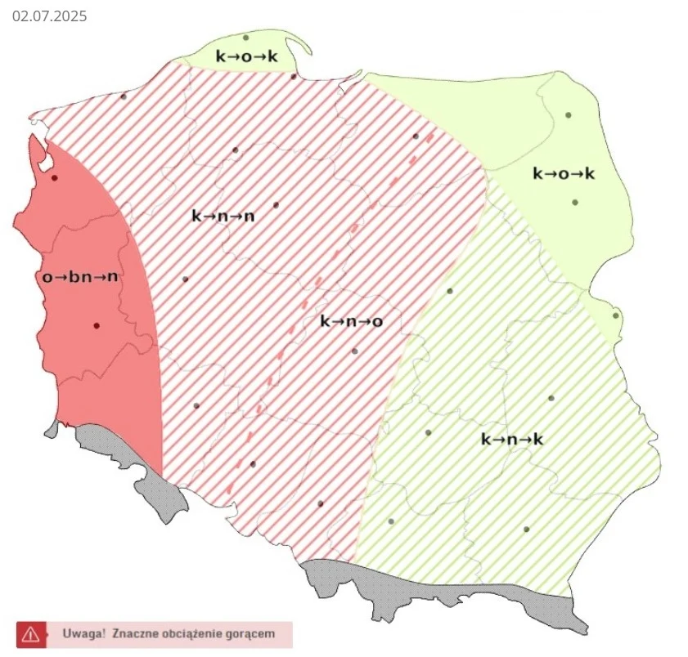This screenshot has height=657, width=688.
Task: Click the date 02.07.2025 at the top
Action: [49, 16]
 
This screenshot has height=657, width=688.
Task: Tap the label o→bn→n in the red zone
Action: [80, 277]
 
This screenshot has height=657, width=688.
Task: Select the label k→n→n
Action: [223, 217]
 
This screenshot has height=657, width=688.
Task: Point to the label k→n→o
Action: [351, 322]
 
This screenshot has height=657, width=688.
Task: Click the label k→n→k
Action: [512, 440]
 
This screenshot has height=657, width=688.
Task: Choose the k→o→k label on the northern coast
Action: [246, 56]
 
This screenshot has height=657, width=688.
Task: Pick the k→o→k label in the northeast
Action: [564, 174]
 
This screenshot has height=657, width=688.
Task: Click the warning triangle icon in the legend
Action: [30, 633]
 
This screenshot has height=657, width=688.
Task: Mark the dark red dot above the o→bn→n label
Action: [55, 177]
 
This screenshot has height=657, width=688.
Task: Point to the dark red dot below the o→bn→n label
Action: [97, 325]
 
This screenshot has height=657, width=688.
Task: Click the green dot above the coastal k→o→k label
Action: [245, 37]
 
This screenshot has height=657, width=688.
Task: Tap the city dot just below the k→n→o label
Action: [354, 351]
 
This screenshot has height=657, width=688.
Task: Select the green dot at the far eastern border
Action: [616, 315]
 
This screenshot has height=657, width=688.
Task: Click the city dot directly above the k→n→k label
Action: [551, 398]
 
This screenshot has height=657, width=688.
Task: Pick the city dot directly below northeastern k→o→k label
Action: [575, 202]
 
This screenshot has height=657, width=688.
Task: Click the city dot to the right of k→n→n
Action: [276, 204]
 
